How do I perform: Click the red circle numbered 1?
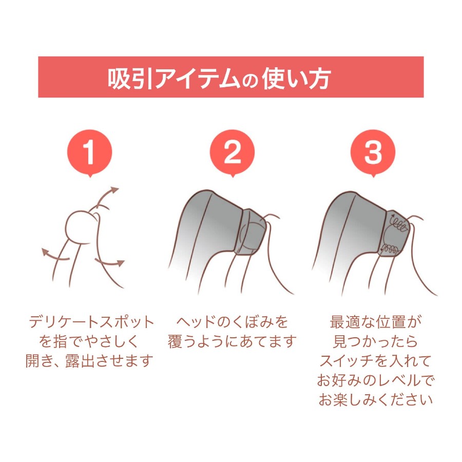tap(89, 152)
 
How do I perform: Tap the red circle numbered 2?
tap(232, 152)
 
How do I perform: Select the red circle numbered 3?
tap(373, 152)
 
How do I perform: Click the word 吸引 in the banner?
tap(130, 79)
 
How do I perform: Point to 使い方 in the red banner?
tap(296, 79)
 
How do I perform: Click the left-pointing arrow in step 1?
tap(55, 255)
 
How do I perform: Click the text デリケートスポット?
tap(92, 322)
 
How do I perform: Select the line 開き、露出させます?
tap(89, 361)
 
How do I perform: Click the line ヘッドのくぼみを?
tap(232, 322)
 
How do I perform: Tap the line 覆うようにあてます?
tap(232, 341)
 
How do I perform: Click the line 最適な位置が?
tap(376, 322)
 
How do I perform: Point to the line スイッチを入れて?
tap(376, 361)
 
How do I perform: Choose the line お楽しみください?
tap(376, 400)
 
